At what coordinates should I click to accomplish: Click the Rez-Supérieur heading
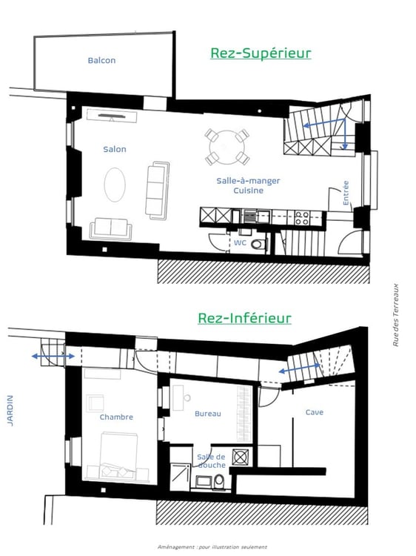click(x=261, y=53)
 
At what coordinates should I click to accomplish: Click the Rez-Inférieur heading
click(x=244, y=318)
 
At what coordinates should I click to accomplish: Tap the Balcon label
click(x=101, y=61)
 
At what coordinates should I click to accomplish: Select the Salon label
click(x=115, y=149)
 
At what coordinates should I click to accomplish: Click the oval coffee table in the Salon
click(x=115, y=184)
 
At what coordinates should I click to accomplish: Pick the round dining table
click(x=227, y=148)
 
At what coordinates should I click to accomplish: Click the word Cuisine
click(x=248, y=191)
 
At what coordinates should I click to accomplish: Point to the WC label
click(x=240, y=242)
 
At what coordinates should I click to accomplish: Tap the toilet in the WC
click(x=257, y=244)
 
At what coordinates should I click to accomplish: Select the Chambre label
click(x=116, y=417)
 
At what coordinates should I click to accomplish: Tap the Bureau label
click(x=208, y=414)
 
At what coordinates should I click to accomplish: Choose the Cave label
click(x=314, y=412)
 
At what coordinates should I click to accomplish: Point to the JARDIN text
click(x=10, y=410)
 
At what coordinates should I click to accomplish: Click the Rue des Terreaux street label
click(x=396, y=314)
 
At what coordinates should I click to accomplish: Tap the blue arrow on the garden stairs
click(x=53, y=357)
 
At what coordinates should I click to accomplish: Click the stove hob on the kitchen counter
click(x=302, y=217)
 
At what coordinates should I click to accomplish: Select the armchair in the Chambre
click(x=96, y=403)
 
